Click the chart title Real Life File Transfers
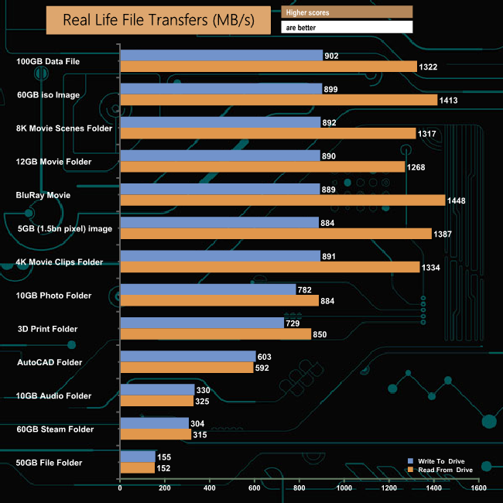point(158,20)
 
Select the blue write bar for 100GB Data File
point(221,55)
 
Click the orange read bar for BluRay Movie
point(282,200)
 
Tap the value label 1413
point(449,101)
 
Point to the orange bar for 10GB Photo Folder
point(220,301)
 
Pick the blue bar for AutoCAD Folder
point(188,356)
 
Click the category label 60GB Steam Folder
point(54,429)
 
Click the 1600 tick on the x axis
point(478,489)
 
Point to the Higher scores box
point(347,12)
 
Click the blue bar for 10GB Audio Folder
point(157,389)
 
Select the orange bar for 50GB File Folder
point(137,467)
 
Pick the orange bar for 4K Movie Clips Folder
point(269,267)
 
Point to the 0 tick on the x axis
point(120,489)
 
